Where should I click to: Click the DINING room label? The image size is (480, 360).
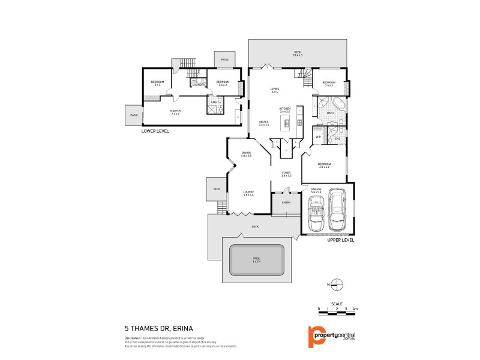(246, 154)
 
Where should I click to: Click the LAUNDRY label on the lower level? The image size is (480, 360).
(199, 85)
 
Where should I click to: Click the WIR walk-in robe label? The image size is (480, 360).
(318, 137)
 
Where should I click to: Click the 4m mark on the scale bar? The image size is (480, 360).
(355, 308)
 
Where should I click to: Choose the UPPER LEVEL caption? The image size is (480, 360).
(341, 239)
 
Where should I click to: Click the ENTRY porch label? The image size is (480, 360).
(286, 202)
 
